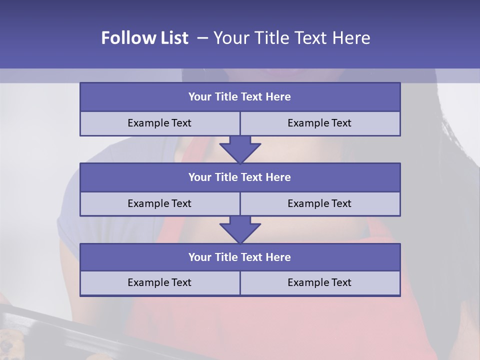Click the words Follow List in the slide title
[x=145, y=38]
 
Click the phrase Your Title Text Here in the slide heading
[x=291, y=38]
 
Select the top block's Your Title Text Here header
[x=239, y=97]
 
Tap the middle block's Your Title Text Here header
[x=239, y=177]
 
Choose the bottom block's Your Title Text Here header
[x=239, y=257]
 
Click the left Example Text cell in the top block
[x=159, y=123]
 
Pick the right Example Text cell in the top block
[x=319, y=123]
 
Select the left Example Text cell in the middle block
[x=159, y=203]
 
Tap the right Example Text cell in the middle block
[x=319, y=203]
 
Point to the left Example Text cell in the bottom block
[x=159, y=282]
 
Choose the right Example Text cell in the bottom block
[x=319, y=282]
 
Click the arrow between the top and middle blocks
[x=240, y=149]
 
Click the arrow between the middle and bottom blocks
[x=240, y=229]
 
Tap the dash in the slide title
[x=202, y=38]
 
